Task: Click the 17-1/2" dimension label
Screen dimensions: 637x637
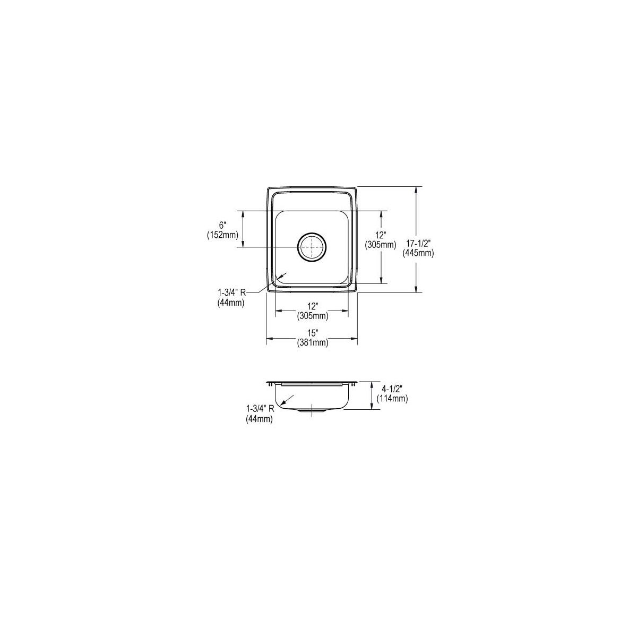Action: (418, 244)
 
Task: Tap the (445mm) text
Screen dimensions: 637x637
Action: (418, 253)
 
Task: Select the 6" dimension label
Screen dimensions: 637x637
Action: (222, 226)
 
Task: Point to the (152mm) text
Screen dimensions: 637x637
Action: (222, 235)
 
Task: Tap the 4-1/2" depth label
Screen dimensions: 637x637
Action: (392, 390)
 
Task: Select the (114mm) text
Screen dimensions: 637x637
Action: (392, 399)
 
